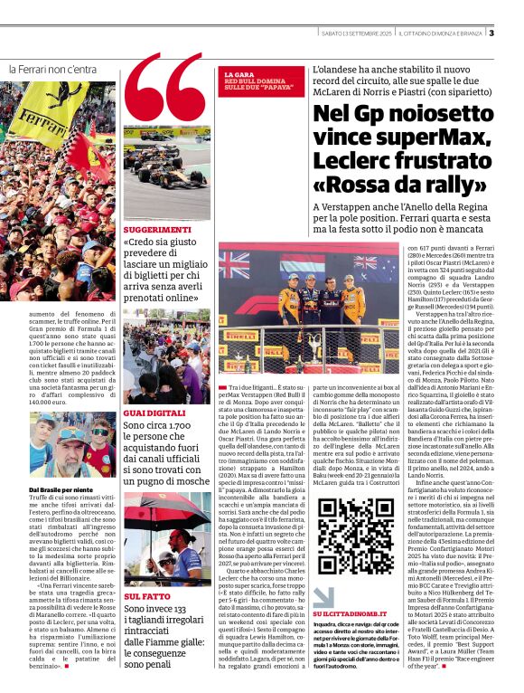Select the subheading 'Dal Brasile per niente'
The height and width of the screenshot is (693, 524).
[47, 489]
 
